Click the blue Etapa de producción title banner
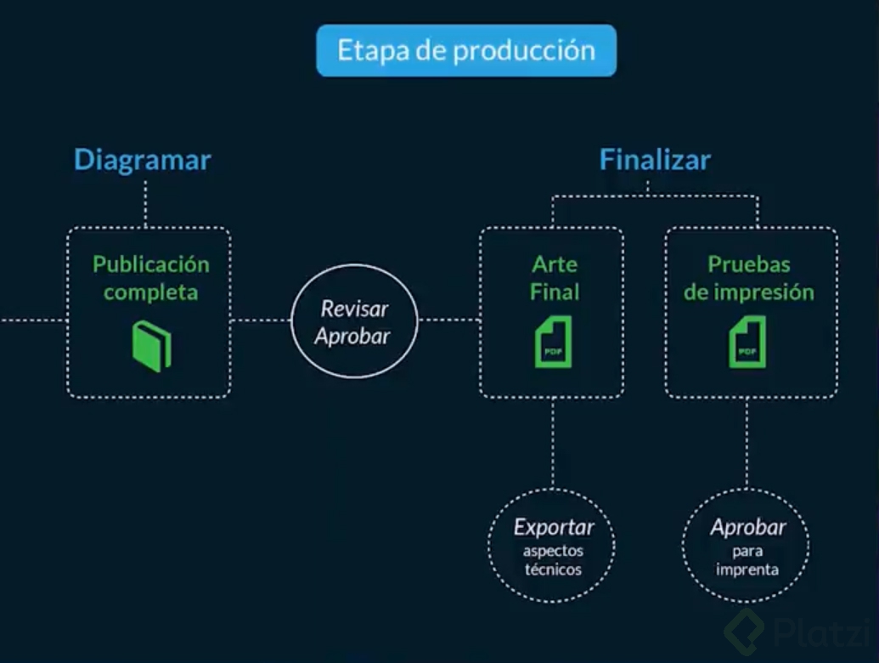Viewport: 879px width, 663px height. coord(466,50)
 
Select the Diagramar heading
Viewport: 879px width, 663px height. coord(143,160)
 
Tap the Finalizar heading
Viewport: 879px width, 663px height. coord(655,160)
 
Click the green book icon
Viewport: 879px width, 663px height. coord(152,346)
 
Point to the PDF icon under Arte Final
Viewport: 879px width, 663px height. coord(553,342)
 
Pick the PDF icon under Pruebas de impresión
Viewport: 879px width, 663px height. coord(747,342)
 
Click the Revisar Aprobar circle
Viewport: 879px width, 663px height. coord(354,321)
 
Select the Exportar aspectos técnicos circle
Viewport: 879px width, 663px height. coord(552,546)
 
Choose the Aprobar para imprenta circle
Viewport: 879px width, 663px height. coord(747,546)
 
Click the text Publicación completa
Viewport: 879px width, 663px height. coord(151,278)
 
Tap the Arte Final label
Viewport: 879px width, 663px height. coord(555,278)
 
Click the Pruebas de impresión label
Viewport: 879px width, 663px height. coord(749,278)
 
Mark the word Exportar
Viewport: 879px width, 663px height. coord(554,527)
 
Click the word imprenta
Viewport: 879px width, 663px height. coord(747,569)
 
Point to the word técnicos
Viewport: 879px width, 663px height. coord(553,569)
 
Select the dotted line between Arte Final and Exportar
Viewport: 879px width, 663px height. coord(553,443)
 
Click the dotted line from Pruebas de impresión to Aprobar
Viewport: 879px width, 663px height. coord(747,443)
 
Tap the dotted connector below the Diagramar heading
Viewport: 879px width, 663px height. coord(145,204)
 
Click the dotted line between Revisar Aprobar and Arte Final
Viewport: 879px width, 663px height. coord(449,320)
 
